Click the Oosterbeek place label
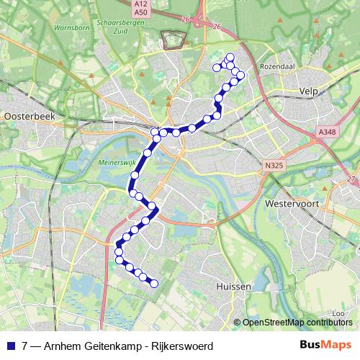(24, 115)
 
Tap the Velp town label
(307, 91)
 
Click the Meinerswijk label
(112, 163)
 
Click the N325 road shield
(271, 166)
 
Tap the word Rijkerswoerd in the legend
(179, 346)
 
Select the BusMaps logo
(325, 345)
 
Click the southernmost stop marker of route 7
(153, 284)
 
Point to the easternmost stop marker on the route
(240, 75)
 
